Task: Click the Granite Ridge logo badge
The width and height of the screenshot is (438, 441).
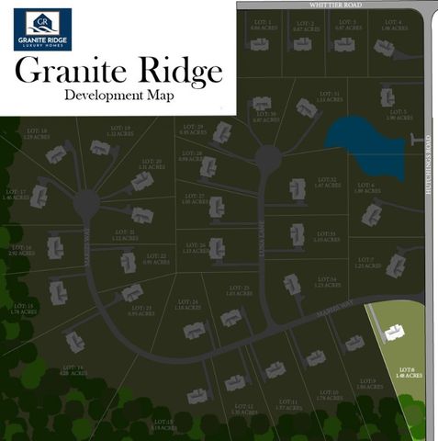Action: (x=41, y=28)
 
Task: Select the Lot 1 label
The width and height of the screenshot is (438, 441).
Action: (x=264, y=25)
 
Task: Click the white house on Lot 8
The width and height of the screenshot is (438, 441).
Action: (x=395, y=332)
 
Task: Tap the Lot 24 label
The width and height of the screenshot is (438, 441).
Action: (x=187, y=304)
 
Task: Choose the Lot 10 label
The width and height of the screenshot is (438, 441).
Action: (x=328, y=395)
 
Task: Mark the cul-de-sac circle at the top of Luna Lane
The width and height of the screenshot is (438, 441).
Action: (x=267, y=159)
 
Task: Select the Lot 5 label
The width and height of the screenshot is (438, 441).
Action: (x=392, y=115)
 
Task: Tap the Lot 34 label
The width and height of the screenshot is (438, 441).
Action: (x=328, y=282)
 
